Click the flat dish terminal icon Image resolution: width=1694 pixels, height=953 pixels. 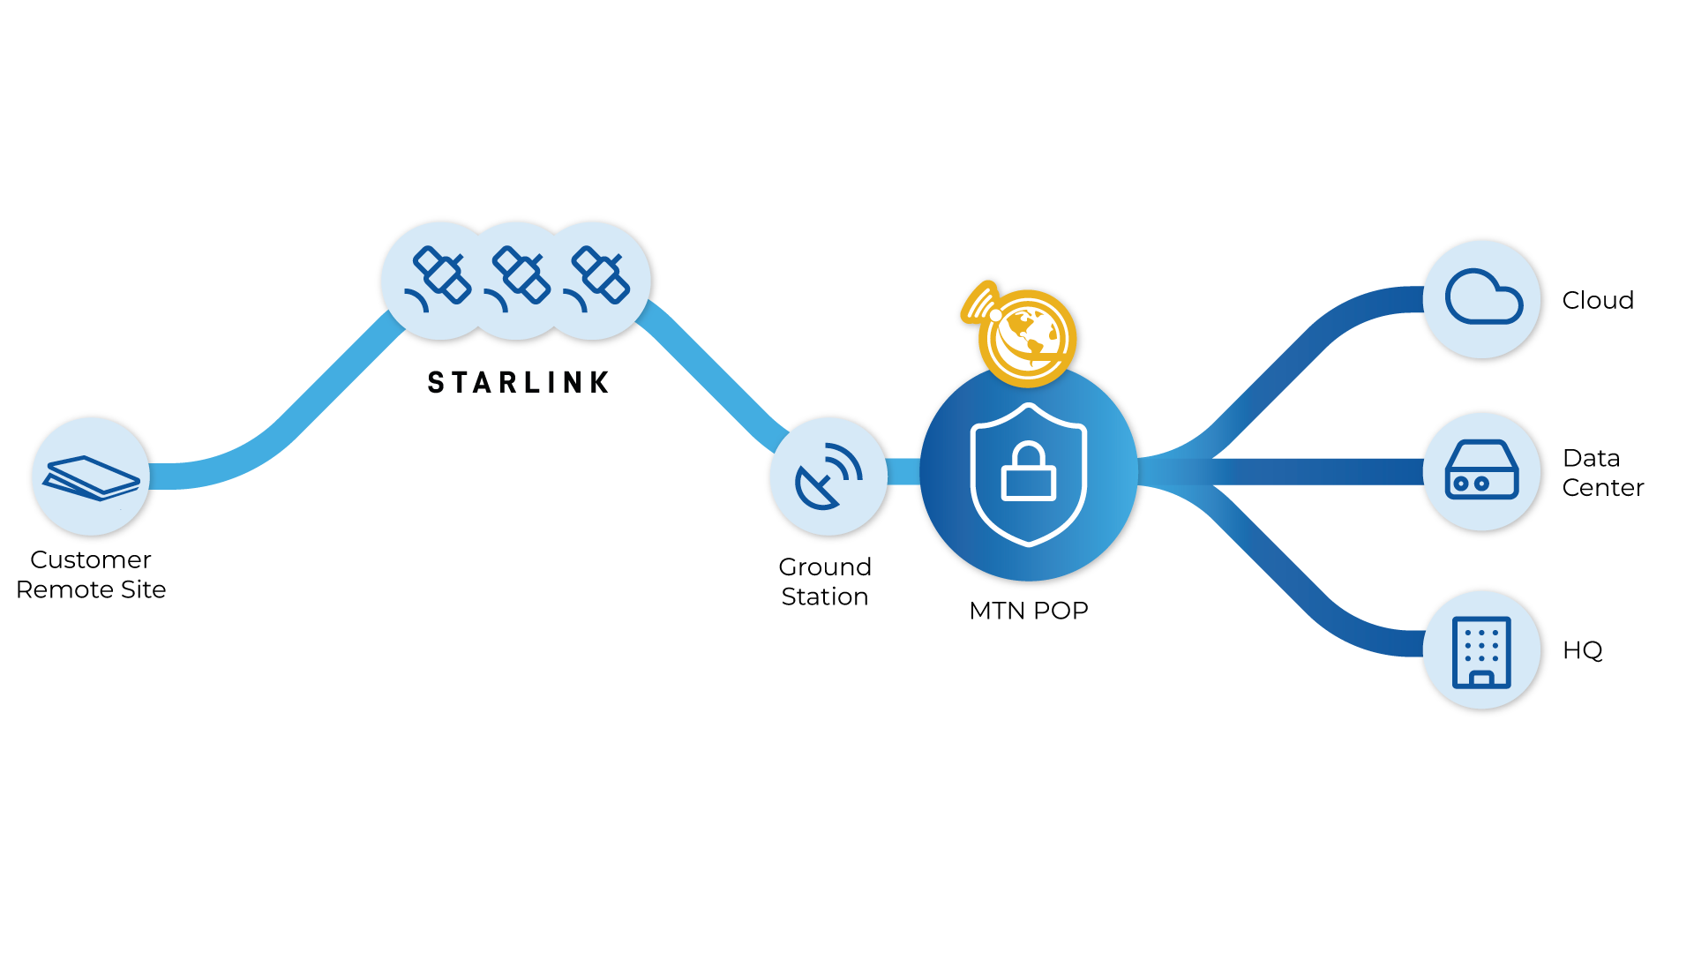(91, 476)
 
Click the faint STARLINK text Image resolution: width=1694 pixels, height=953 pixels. (518, 382)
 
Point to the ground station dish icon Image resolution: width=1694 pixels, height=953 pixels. (828, 476)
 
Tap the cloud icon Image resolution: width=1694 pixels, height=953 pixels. (1482, 298)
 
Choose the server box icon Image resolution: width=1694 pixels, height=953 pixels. (1482, 471)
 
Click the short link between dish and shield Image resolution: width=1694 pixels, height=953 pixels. (903, 471)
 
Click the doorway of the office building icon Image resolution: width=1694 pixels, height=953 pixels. (1482, 679)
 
